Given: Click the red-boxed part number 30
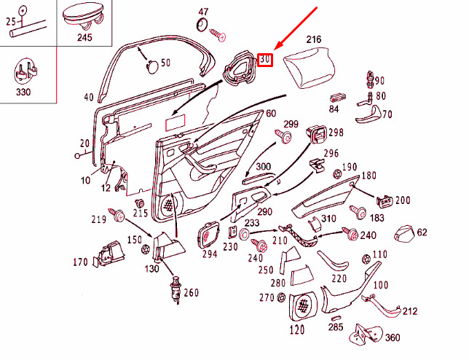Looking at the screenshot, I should [x=265, y=59].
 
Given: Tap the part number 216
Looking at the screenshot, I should [x=313, y=39].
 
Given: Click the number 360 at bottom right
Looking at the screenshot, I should [x=393, y=337].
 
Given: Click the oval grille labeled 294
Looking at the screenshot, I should [x=208, y=235].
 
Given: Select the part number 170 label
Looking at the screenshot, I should [x=79, y=262].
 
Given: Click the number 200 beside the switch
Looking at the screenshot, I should [x=402, y=200].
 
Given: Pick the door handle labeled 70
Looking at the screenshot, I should [x=368, y=112].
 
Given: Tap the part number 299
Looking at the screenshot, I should [x=291, y=124].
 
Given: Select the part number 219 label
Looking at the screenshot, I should [x=98, y=219].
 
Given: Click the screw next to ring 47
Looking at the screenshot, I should [x=218, y=34].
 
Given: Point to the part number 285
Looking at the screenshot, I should [x=335, y=328].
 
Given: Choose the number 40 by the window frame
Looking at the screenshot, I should [x=89, y=97].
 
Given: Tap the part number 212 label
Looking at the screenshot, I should [x=410, y=311].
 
